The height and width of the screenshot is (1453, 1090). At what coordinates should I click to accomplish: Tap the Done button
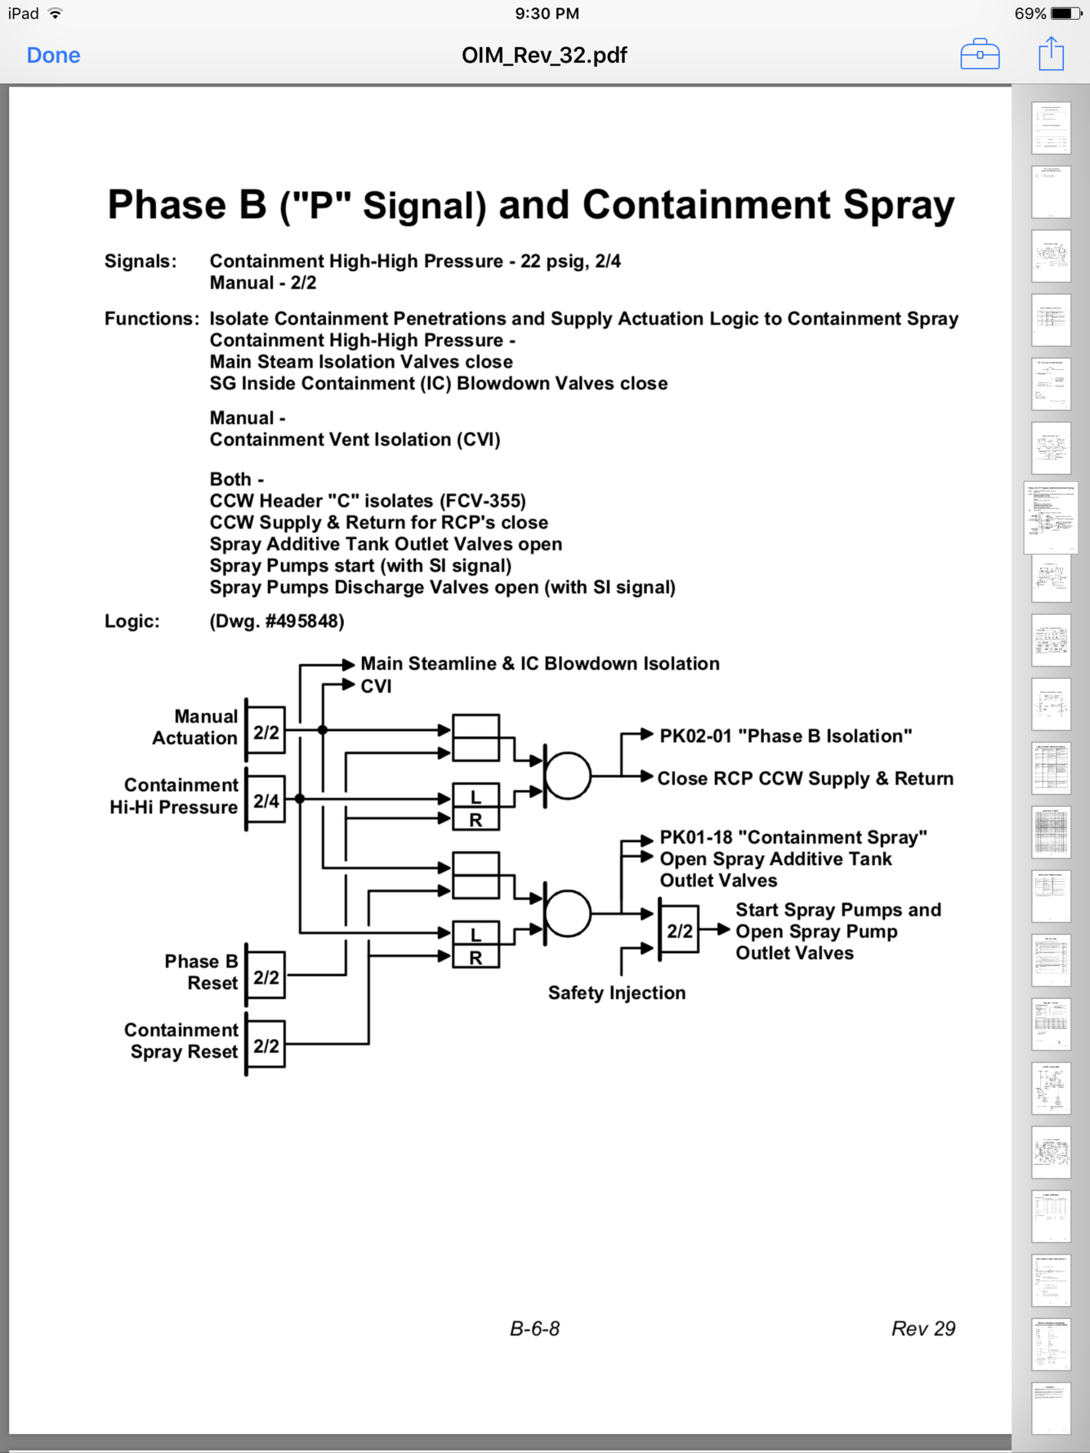click(x=53, y=56)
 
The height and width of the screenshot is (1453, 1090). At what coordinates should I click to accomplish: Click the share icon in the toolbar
click(x=1051, y=55)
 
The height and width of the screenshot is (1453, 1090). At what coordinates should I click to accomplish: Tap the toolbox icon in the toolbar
click(x=980, y=55)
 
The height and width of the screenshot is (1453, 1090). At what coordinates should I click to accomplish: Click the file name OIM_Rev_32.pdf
click(x=544, y=56)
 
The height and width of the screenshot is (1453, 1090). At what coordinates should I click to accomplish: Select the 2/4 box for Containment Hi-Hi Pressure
click(x=266, y=801)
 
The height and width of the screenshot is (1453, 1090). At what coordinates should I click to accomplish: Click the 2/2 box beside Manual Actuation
click(x=266, y=732)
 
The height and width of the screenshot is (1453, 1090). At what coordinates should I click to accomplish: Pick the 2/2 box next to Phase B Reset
click(x=266, y=977)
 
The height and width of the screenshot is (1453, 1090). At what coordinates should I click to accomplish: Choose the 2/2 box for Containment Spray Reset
click(x=266, y=1046)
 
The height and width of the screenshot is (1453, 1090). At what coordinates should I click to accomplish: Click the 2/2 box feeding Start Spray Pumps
click(x=680, y=930)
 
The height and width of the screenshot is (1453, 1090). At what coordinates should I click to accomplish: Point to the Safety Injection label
click(x=617, y=993)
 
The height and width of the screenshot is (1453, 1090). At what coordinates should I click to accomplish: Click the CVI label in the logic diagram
click(x=377, y=686)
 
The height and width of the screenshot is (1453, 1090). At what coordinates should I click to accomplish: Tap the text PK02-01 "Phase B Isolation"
click(x=785, y=736)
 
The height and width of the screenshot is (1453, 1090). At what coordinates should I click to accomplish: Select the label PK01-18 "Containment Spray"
click(x=793, y=837)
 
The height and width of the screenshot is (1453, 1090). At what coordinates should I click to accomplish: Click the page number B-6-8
click(x=534, y=1329)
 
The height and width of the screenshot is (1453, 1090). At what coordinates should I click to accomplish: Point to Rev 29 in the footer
click(x=922, y=1329)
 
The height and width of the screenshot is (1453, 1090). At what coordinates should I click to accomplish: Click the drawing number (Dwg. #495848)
click(x=277, y=621)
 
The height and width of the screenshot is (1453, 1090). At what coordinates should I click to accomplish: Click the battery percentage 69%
click(x=1030, y=14)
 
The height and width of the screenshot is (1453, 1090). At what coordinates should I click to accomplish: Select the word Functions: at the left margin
click(x=151, y=319)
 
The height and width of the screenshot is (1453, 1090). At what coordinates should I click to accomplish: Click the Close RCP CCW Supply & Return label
click(x=806, y=778)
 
